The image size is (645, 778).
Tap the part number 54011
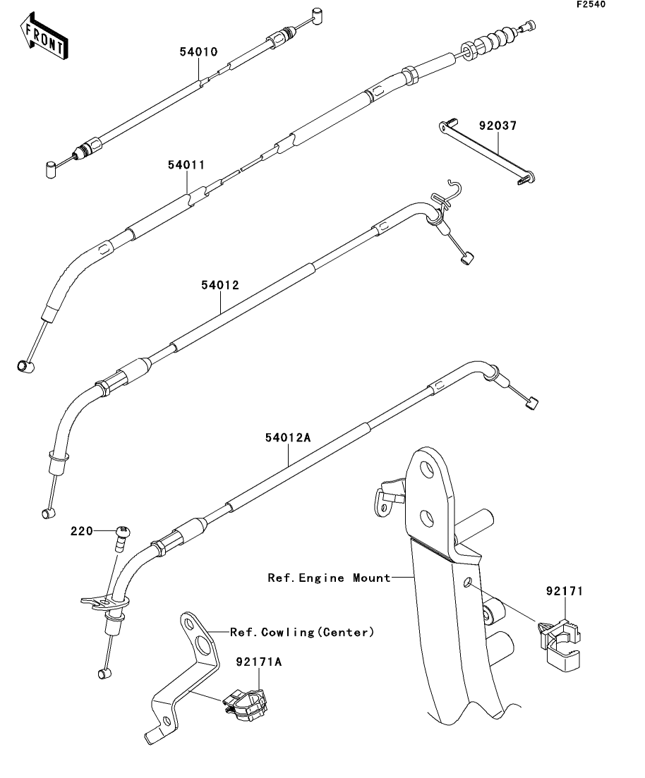click(x=186, y=165)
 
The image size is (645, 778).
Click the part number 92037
click(x=498, y=127)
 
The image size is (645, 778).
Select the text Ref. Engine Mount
click(x=329, y=578)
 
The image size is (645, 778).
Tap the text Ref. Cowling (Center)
click(x=301, y=632)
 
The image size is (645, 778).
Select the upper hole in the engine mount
click(x=426, y=469)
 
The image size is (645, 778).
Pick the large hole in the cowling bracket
click(x=204, y=645)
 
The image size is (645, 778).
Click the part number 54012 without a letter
click(x=220, y=286)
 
